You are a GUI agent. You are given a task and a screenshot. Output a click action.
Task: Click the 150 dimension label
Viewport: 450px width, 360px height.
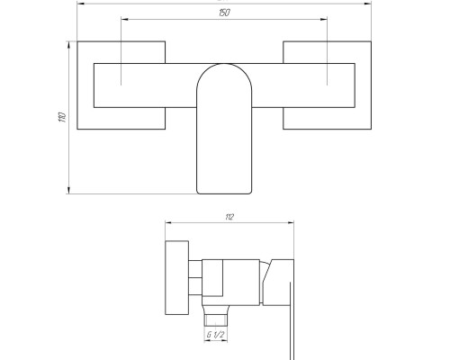point(224,13)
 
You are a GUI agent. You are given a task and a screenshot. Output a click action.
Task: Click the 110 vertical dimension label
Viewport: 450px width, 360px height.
point(62,117)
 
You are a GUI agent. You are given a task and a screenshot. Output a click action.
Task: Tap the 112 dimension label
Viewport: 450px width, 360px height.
point(229,217)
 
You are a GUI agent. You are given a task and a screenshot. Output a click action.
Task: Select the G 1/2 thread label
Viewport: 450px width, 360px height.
point(215,335)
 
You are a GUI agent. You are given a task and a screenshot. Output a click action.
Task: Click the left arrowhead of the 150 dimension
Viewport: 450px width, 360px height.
point(124,19)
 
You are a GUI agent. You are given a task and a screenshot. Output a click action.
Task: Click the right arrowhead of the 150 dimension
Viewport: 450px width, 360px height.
point(324,19)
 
